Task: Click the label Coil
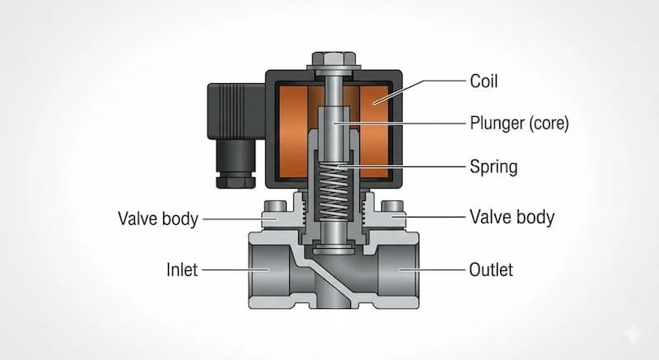coord(484,82)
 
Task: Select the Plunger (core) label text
coord(519,124)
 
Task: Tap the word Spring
coord(493,167)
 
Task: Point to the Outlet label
coord(492,269)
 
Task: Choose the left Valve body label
coord(158,219)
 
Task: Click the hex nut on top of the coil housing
coord(334,60)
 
